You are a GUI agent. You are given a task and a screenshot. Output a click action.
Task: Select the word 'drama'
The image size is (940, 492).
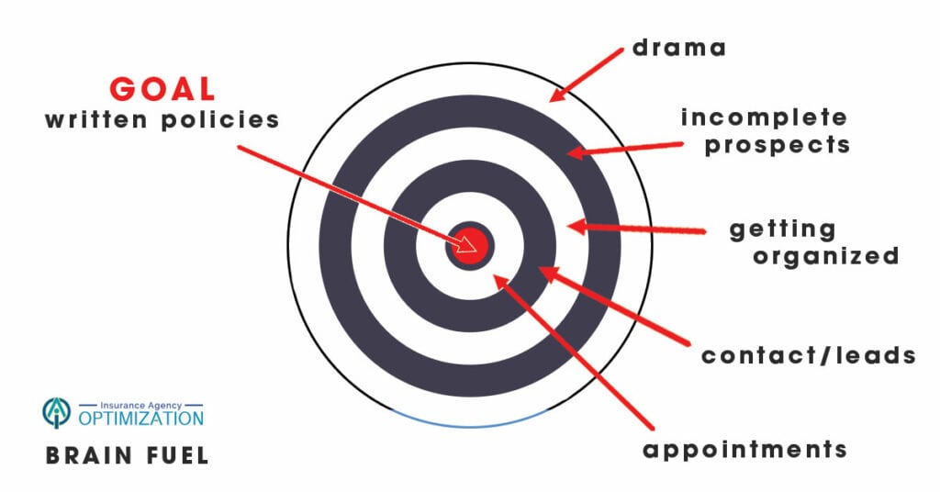pos(678,47)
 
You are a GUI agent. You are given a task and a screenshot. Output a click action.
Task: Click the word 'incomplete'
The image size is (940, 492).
pos(764,117)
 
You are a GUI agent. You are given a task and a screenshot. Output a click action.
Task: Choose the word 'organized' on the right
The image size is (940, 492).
pos(825,256)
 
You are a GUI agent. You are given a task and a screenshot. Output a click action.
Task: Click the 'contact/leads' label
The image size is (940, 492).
pos(808,355)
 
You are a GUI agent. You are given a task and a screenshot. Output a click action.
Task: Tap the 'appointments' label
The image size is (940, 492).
pos(744,450)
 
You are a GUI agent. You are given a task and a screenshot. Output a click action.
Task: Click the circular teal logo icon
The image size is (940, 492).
pos(56,413)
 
